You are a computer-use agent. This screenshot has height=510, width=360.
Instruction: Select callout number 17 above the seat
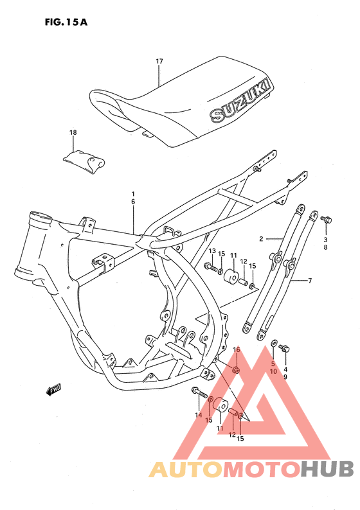click(159, 61)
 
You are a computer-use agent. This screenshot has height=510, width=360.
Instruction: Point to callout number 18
click(73, 132)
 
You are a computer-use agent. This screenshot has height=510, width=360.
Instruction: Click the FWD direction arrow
click(53, 389)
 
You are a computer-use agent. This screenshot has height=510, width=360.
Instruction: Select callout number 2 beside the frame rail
click(262, 239)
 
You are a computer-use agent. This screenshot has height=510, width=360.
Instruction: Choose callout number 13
click(212, 251)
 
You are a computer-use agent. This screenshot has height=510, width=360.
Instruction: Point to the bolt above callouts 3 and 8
click(325, 221)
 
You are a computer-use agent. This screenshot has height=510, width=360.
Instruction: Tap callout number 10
click(273, 371)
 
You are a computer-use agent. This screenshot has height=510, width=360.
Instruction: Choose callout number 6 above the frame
click(133, 201)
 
